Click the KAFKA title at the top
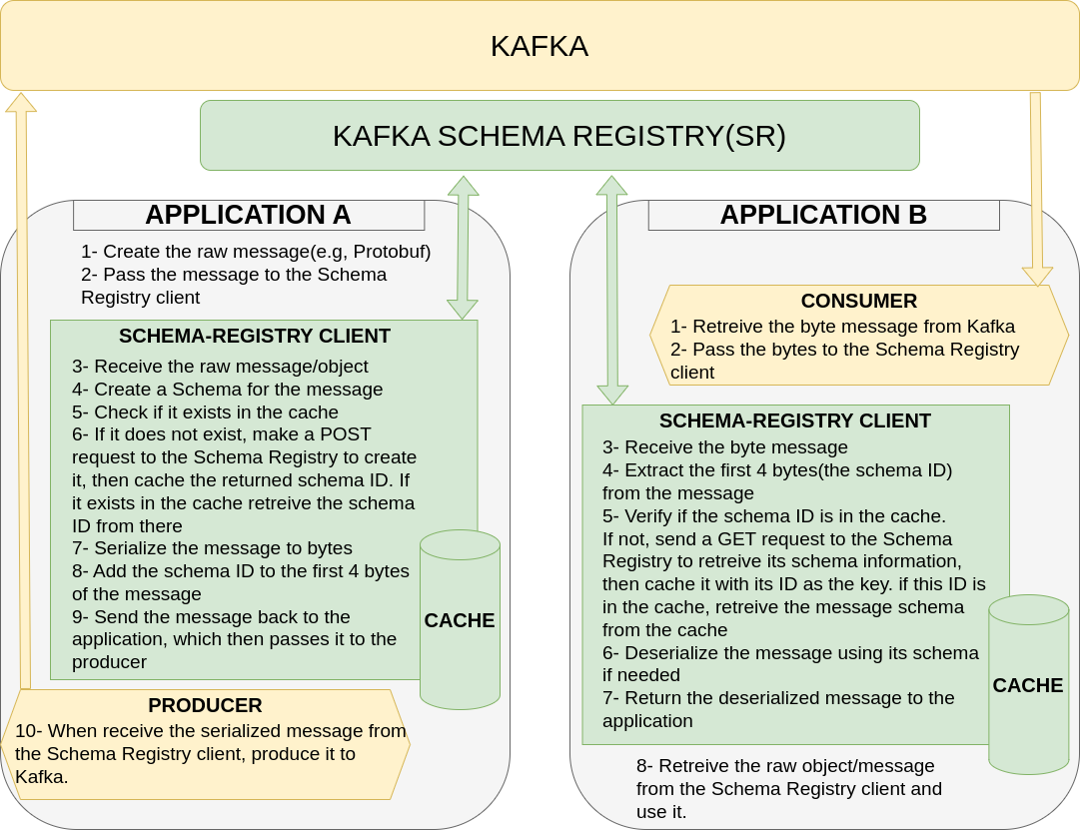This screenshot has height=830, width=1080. pos(540,46)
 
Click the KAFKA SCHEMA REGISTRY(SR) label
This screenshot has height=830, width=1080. pos(559,136)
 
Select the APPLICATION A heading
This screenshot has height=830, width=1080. pos(248,215)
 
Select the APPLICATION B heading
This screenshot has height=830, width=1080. pos(823,215)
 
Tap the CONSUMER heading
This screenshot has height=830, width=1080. pos(858,301)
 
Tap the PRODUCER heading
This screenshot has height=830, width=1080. pos(205,705)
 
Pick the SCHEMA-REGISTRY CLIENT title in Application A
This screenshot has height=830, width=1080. pos(255,337)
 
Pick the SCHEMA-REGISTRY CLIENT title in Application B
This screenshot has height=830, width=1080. pos(795,420)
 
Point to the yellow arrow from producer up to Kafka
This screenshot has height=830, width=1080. pos(23,400)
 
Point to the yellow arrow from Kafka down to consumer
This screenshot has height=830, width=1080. pos(1037,190)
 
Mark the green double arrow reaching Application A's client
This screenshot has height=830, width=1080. pos(463,248)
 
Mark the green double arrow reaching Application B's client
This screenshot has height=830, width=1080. pos(612,290)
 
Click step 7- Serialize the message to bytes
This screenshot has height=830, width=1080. pos(212,548)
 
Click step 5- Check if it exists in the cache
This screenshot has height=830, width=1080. pos(205,413)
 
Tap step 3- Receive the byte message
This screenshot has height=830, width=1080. pos(724,447)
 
